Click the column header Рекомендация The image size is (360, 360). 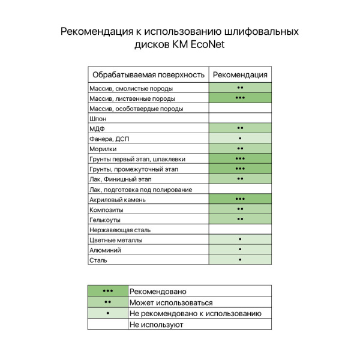240,74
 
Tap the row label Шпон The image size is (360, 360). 98,119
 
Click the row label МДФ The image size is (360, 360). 97,129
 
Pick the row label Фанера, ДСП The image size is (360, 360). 109,139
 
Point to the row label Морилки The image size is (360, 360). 103,149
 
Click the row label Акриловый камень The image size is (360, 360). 116,199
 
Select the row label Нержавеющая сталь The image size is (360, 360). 119,230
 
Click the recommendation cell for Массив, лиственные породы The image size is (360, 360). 240,98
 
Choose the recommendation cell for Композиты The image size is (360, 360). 240,209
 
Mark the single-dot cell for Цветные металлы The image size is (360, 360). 240,239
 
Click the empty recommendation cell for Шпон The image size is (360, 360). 240,119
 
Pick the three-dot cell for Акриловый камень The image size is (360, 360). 240,199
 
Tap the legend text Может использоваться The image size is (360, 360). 171,303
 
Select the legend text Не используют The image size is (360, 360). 156,325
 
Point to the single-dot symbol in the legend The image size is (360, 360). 108,313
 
